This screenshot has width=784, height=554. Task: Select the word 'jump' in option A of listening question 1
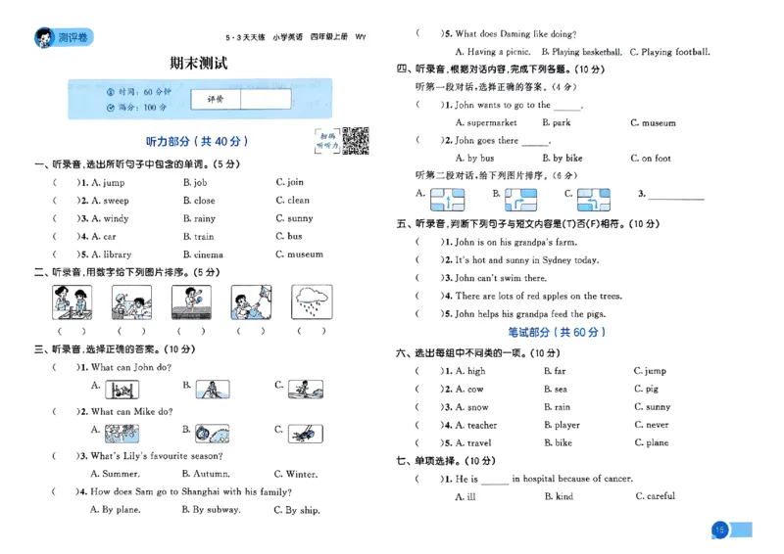tap(114, 183)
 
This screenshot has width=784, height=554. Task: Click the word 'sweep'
tap(116, 201)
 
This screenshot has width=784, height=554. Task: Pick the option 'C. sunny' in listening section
tap(294, 219)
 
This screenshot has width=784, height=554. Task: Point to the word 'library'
tap(117, 254)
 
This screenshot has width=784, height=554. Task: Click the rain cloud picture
tap(311, 302)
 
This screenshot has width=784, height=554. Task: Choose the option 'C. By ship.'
tap(296, 510)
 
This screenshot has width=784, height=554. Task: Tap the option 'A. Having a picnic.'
tap(493, 52)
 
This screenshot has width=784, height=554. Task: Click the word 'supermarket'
tap(492, 123)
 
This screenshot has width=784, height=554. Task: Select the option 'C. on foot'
tap(650, 158)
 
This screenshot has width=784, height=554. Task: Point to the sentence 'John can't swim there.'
tap(500, 278)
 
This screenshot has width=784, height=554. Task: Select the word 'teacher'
tap(481, 426)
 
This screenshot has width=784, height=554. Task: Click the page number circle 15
tap(719, 530)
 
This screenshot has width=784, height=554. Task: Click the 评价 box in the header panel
tap(215, 99)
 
